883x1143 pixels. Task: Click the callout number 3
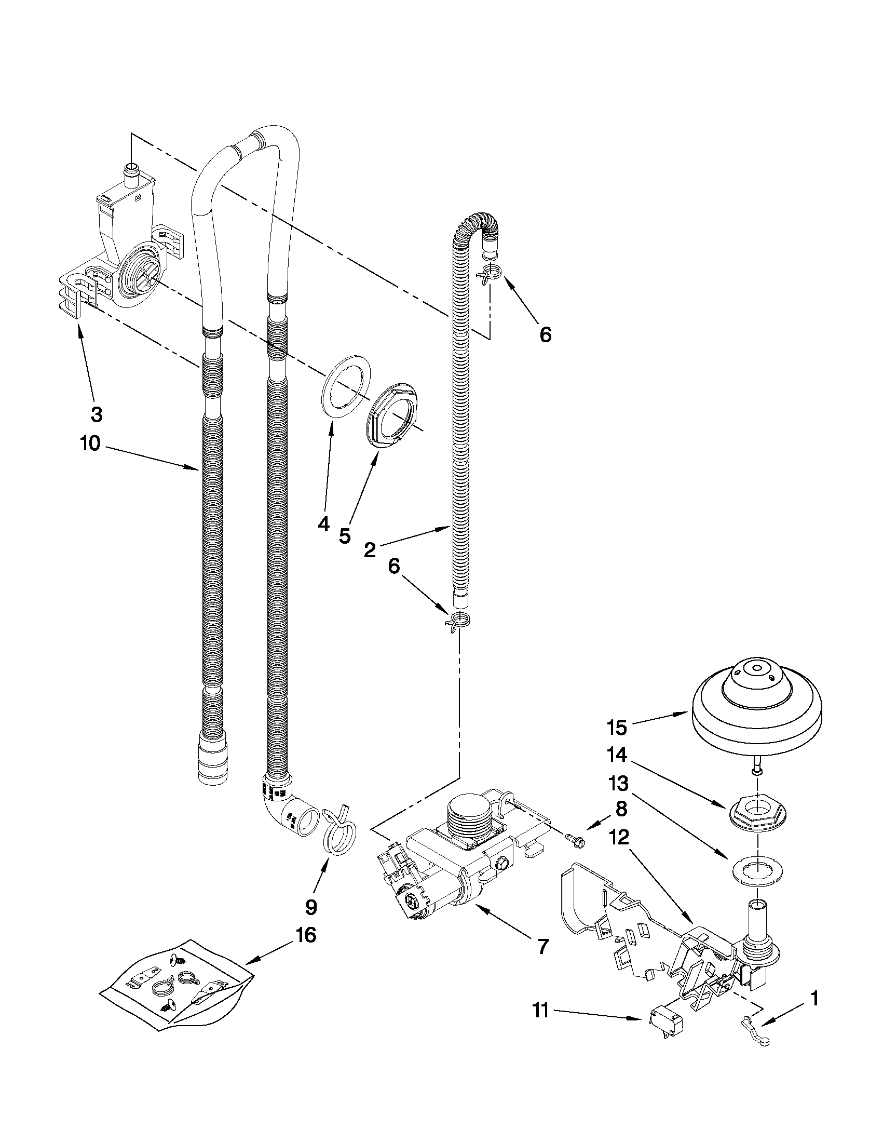coord(96,414)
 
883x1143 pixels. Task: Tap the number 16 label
coord(306,935)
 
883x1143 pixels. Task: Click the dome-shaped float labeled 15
coord(757,709)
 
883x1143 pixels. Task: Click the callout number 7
coord(542,946)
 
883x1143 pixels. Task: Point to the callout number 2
coord(369,549)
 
